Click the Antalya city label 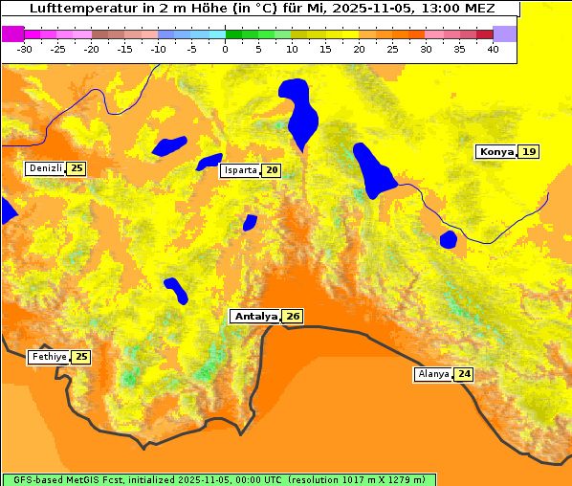[x=255, y=316]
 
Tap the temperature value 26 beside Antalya [x=293, y=316]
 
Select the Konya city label [x=496, y=151]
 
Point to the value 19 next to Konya [x=529, y=151]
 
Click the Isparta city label [x=240, y=170]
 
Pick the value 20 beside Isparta [x=273, y=170]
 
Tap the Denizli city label [x=46, y=168]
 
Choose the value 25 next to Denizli [x=77, y=168]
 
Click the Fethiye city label [x=49, y=357]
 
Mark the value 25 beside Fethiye [x=81, y=357]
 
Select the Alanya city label [x=433, y=374]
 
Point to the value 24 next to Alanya [x=464, y=374]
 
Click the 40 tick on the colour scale [x=493, y=49]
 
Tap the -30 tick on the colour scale [x=25, y=49]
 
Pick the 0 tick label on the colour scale [x=226, y=49]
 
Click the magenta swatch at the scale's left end [x=12, y=33]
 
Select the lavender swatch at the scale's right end [x=504, y=33]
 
